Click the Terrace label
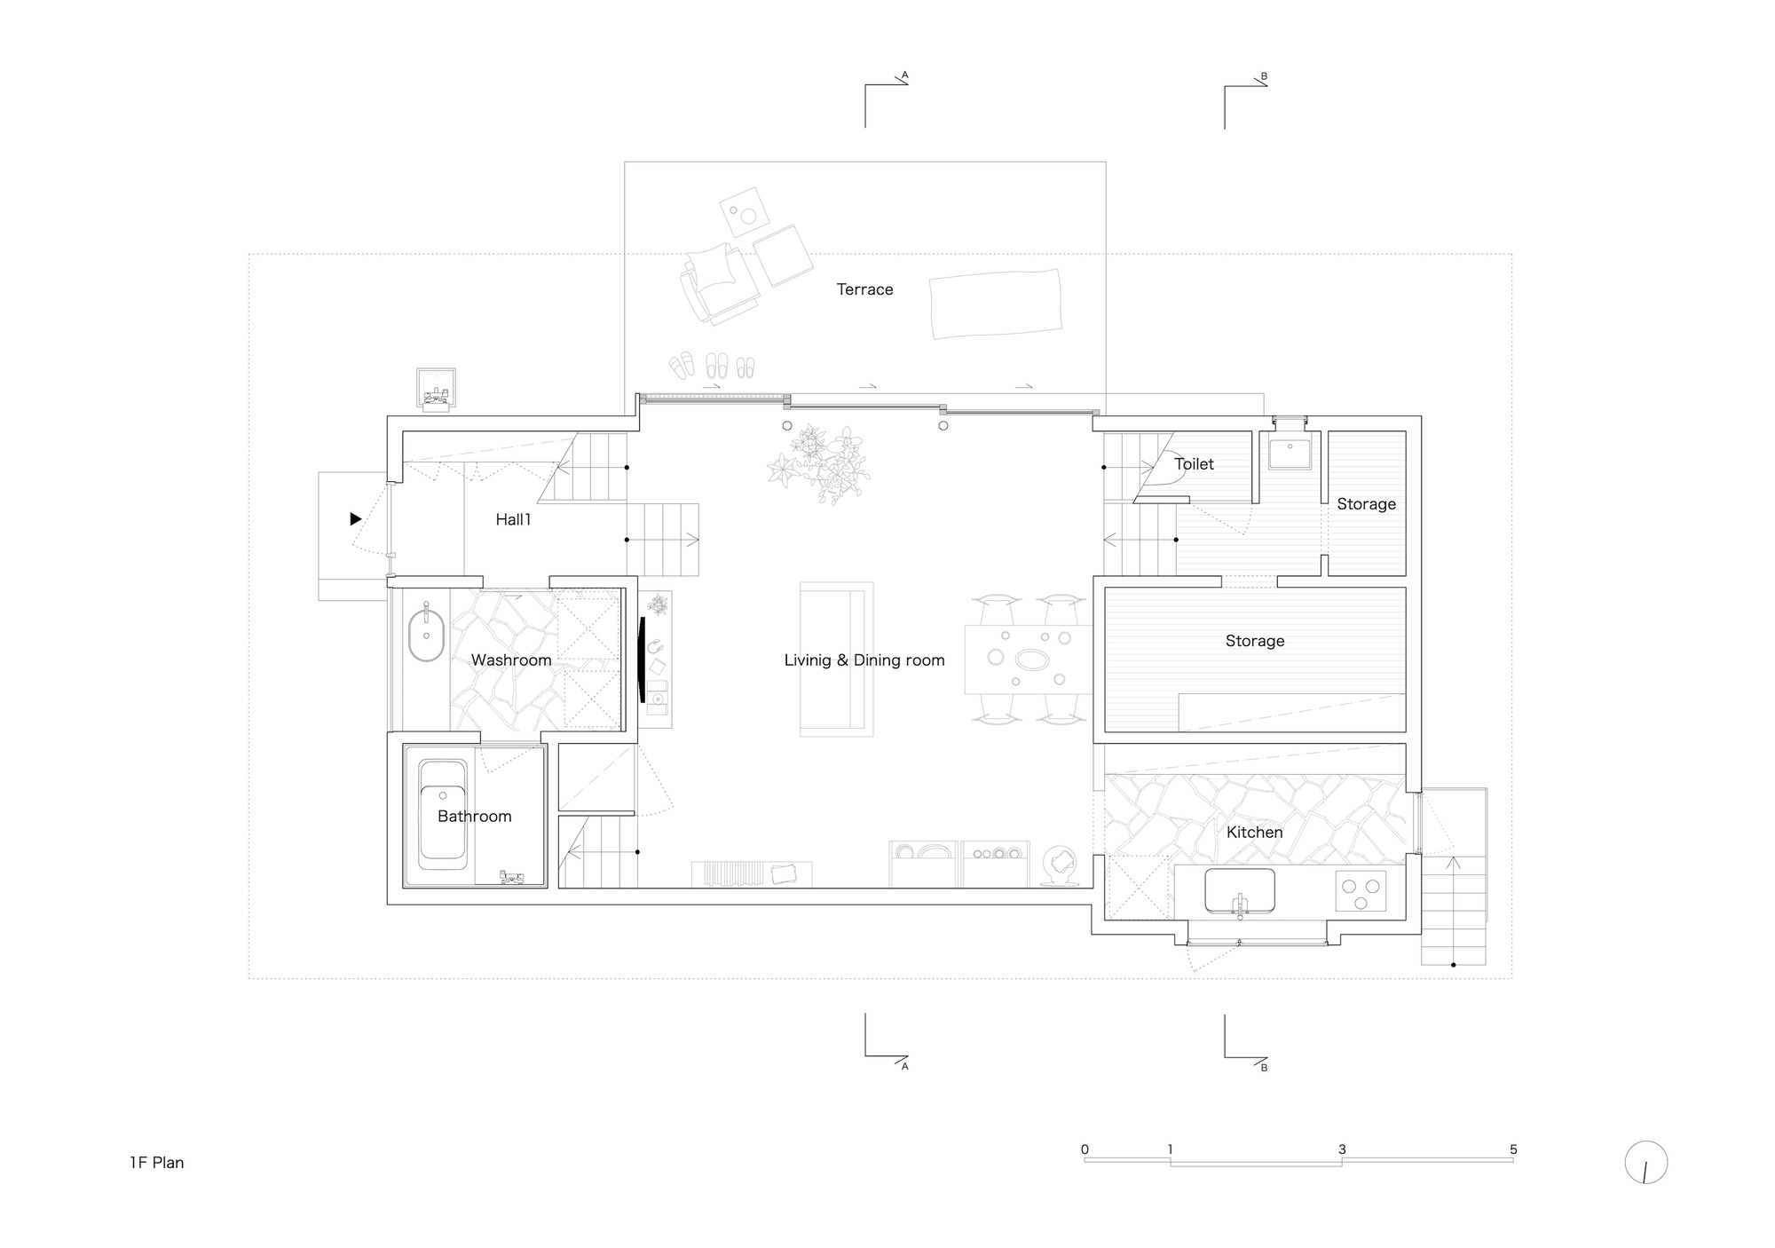pos(864,289)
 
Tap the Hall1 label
pos(513,520)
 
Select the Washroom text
pos(511,660)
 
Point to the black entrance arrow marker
pos(355,519)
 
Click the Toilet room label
pos(1194,464)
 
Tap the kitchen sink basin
pos(1239,889)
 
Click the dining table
pos(1028,659)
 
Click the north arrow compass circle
pos(1645,1163)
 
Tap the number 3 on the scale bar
pos(1342,1149)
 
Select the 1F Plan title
pos(157,1163)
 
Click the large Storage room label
pos(1254,641)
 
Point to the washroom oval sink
pos(426,635)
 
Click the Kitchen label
pos(1254,833)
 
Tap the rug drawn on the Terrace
pos(996,304)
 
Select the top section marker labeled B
pos(1264,77)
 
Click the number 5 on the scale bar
pos(1513,1149)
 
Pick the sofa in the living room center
pos(836,659)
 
